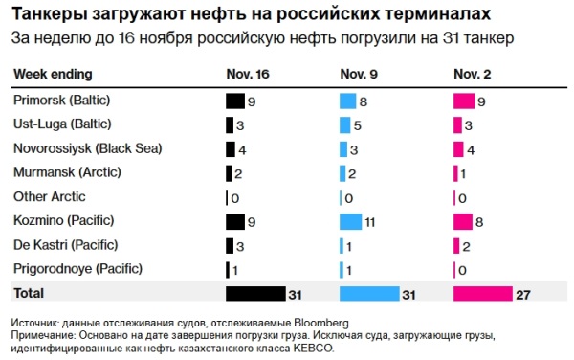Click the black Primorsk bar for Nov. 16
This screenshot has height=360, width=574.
(x=234, y=100)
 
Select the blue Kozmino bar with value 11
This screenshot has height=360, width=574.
(x=351, y=221)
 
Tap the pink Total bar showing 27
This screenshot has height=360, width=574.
(x=483, y=293)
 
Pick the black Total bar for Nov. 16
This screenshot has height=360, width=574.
(x=255, y=293)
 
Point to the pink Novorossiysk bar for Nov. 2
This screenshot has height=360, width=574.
(x=458, y=148)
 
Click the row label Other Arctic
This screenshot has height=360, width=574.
(x=50, y=196)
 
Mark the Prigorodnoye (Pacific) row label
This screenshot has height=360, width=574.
(x=77, y=269)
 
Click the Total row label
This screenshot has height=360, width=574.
(x=30, y=293)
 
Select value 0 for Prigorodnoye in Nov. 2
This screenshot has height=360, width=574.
(x=462, y=270)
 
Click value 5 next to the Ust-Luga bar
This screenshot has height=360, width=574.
(x=357, y=124)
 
